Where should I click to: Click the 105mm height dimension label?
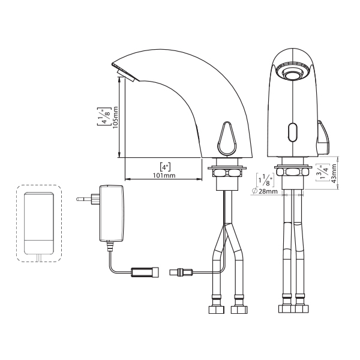coord(115,117)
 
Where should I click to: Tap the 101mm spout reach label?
coord(164,175)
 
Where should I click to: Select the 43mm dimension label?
coord(334,173)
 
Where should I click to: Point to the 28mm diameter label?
coord(268,191)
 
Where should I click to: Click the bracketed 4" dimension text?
coord(165,167)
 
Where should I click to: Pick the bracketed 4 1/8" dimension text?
coord(104,116)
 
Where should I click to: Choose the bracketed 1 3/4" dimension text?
coord(323,172)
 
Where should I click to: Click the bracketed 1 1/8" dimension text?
coord(265,180)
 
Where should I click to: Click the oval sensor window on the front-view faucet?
coord(293,133)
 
